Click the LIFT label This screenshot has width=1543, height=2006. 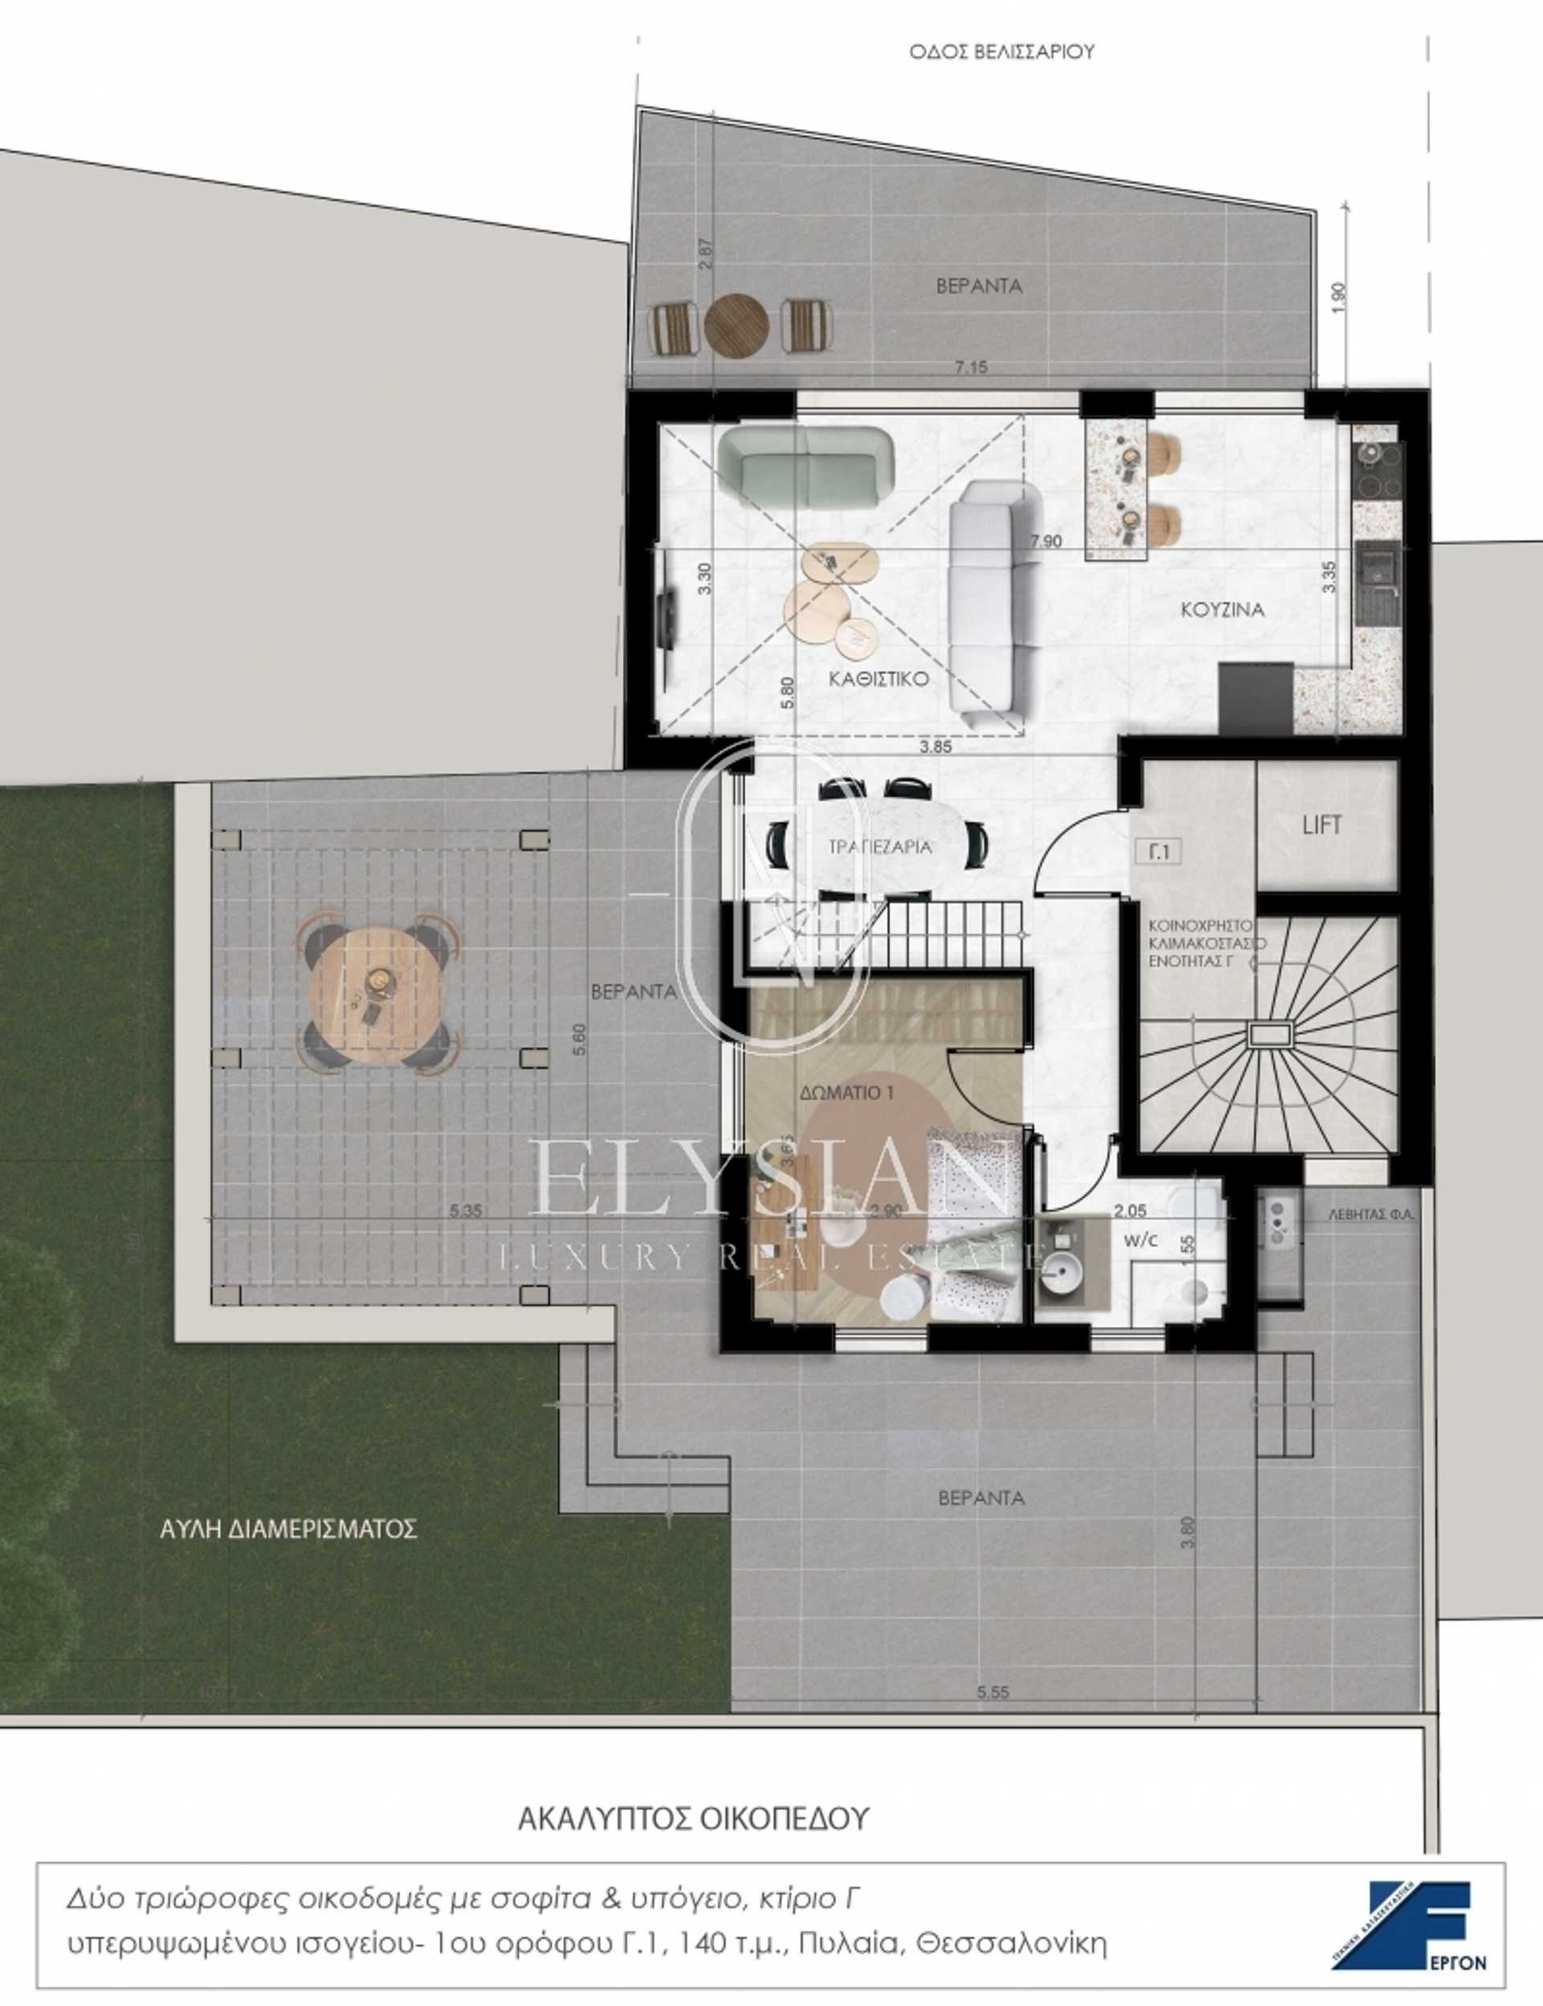(x=1322, y=825)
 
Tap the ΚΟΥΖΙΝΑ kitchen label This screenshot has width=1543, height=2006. (x=1222, y=609)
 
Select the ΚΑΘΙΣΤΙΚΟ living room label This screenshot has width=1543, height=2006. (x=878, y=679)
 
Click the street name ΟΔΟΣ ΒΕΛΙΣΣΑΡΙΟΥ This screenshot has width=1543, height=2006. (x=1001, y=52)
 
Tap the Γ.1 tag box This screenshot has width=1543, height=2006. (x=1160, y=851)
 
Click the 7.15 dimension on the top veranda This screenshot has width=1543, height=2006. (x=971, y=367)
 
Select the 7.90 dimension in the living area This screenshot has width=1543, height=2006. (x=1046, y=541)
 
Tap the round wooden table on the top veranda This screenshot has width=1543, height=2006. (x=737, y=324)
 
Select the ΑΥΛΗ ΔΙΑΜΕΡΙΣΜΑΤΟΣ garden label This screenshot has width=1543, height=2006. (x=289, y=1529)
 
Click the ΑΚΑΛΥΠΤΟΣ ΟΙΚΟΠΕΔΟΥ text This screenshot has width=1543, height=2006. (x=693, y=1820)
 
